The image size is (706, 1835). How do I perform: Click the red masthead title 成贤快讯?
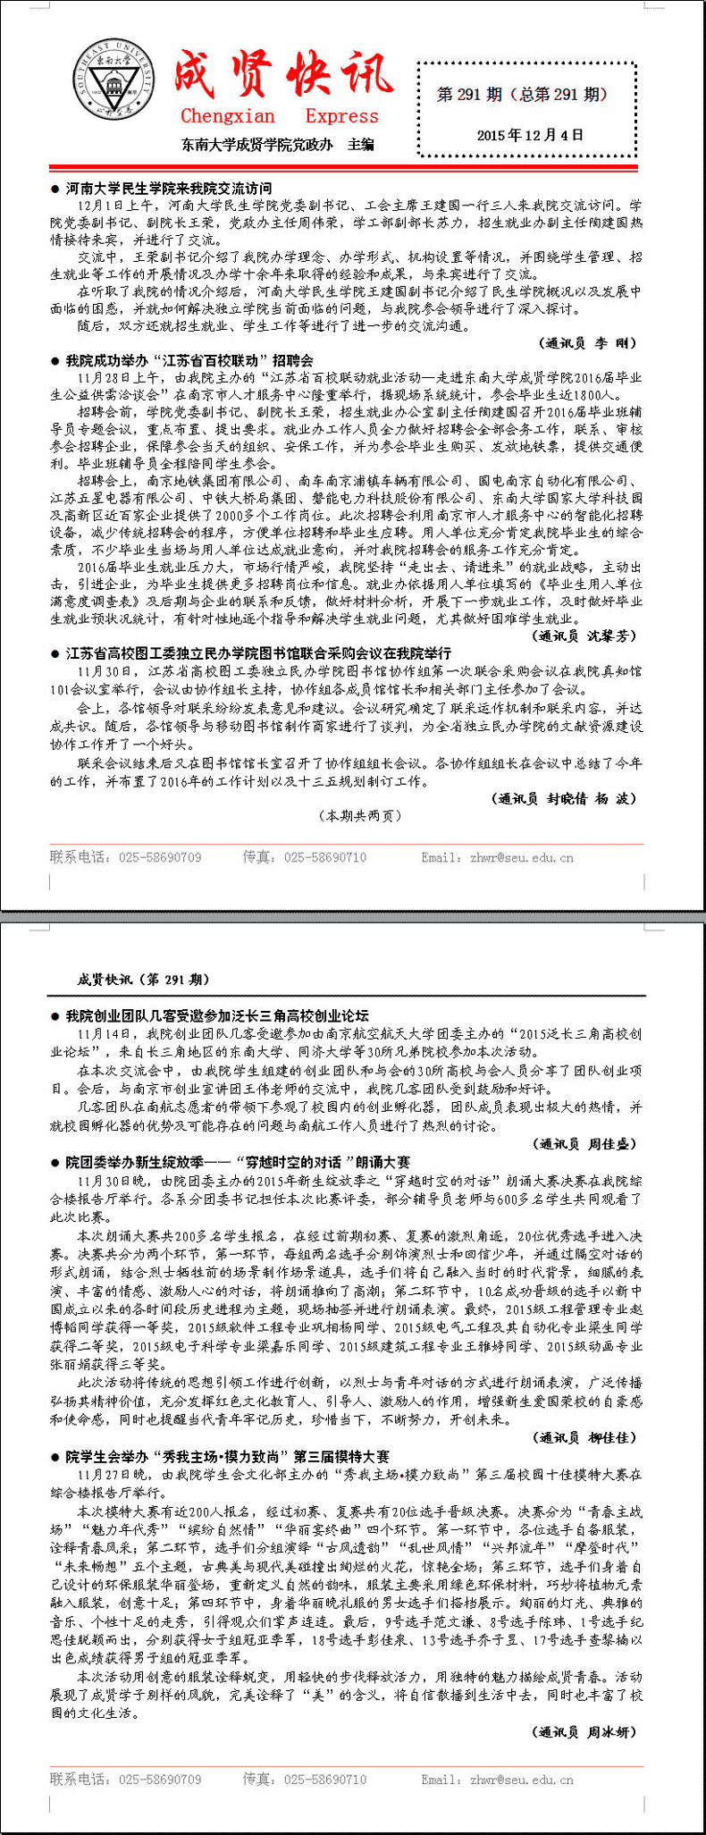pyautogui.click(x=282, y=73)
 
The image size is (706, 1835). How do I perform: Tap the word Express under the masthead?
pyautogui.click(x=341, y=116)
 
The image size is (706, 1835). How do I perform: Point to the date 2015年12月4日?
pyautogui.click(x=530, y=135)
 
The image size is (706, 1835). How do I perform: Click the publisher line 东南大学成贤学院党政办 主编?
pyautogui.click(x=278, y=144)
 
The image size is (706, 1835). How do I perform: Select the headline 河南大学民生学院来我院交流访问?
pyautogui.click(x=168, y=189)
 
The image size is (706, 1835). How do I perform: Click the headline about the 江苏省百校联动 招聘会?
pyautogui.click(x=189, y=360)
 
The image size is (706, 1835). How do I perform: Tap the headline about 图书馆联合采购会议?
pyautogui.click(x=258, y=653)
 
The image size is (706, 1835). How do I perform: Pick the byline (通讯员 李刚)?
pyautogui.click(x=590, y=343)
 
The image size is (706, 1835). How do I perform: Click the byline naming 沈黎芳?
pyautogui.click(x=586, y=636)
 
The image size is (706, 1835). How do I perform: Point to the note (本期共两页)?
pyautogui.click(x=360, y=815)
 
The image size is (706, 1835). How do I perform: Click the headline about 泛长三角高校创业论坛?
pyautogui.click(x=216, y=1016)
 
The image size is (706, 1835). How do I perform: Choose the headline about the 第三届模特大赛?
pyautogui.click(x=227, y=1456)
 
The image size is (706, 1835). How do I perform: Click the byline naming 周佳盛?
pyautogui.click(x=587, y=1144)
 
